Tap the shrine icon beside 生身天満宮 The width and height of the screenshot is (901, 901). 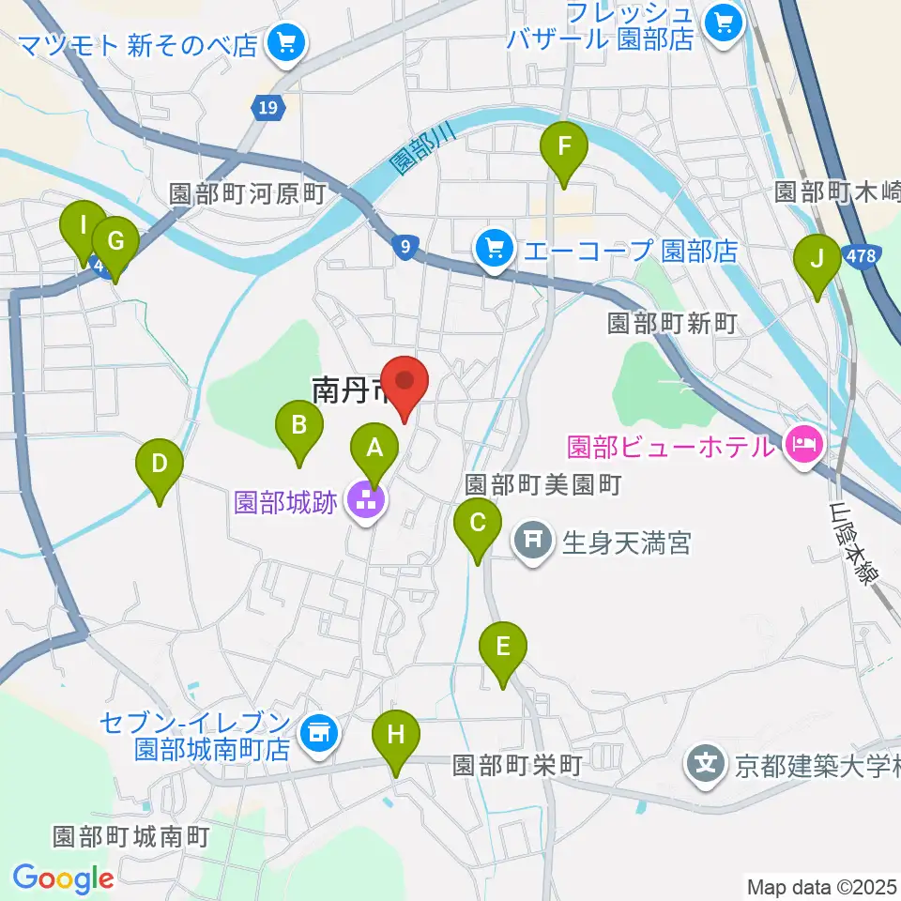pyautogui.click(x=533, y=540)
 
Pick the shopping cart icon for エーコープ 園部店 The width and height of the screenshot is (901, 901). pyautogui.click(x=494, y=250)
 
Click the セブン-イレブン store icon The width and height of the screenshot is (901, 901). pyautogui.click(x=318, y=733)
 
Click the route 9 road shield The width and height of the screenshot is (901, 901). pyautogui.click(x=404, y=247)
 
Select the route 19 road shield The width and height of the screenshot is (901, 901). pyautogui.click(x=269, y=108)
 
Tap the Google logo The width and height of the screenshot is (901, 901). pyautogui.click(x=63, y=878)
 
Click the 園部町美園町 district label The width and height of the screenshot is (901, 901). pyautogui.click(x=544, y=484)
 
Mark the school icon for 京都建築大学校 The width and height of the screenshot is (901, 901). pyautogui.click(x=706, y=764)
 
